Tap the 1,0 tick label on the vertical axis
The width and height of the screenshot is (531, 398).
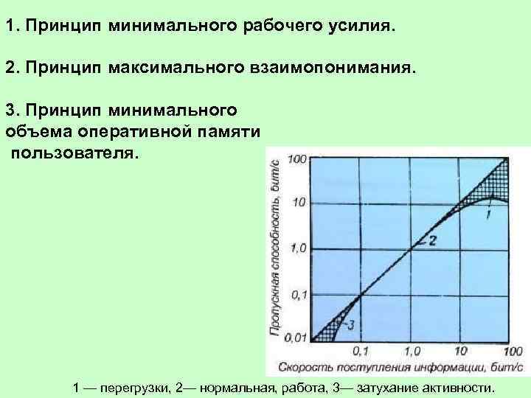click(296, 248)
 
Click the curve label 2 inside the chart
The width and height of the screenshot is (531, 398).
click(432, 240)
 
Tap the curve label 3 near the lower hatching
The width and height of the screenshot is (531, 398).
click(351, 324)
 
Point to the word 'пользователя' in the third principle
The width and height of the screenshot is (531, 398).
click(74, 155)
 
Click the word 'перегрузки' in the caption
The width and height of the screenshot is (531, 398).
click(128, 388)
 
